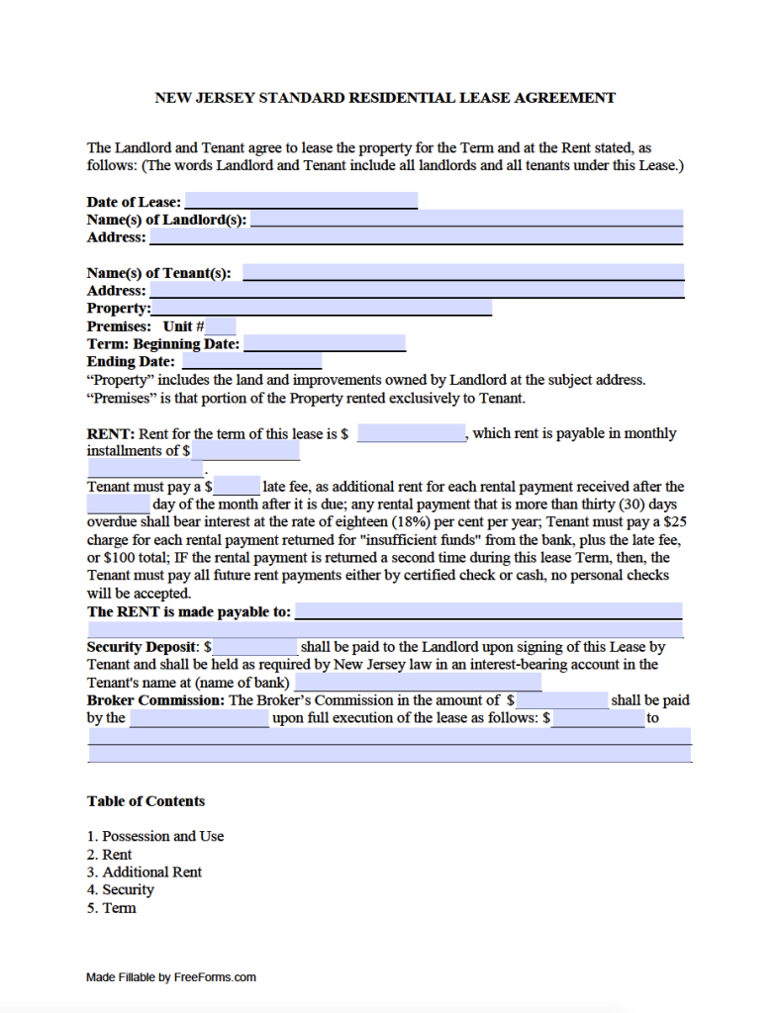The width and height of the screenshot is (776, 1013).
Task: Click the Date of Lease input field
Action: coord(301,201)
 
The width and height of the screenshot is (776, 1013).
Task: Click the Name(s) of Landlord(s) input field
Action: coord(466,219)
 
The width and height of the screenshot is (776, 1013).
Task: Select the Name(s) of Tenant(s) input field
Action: coord(463,272)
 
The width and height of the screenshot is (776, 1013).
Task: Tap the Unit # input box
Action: coord(222,326)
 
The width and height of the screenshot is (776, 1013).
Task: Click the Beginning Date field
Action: coord(325,344)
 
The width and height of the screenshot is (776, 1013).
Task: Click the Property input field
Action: coord(321,309)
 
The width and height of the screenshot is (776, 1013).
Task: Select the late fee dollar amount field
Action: coord(237,486)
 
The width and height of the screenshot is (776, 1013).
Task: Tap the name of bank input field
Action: coord(417,683)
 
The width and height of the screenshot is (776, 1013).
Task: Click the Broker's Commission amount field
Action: coord(561,700)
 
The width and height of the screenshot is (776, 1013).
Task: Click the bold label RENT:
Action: coord(111,433)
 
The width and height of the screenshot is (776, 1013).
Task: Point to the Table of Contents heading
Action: coord(145,801)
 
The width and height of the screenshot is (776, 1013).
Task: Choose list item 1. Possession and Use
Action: coord(155,836)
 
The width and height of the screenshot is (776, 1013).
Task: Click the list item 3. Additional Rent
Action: coord(145,872)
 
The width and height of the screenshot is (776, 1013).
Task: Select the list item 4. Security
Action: coord(121,889)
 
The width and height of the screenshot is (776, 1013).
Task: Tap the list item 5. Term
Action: coord(112,907)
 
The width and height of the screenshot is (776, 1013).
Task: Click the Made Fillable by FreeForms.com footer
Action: coord(171,977)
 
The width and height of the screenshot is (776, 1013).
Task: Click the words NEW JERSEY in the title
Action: coord(199,98)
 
